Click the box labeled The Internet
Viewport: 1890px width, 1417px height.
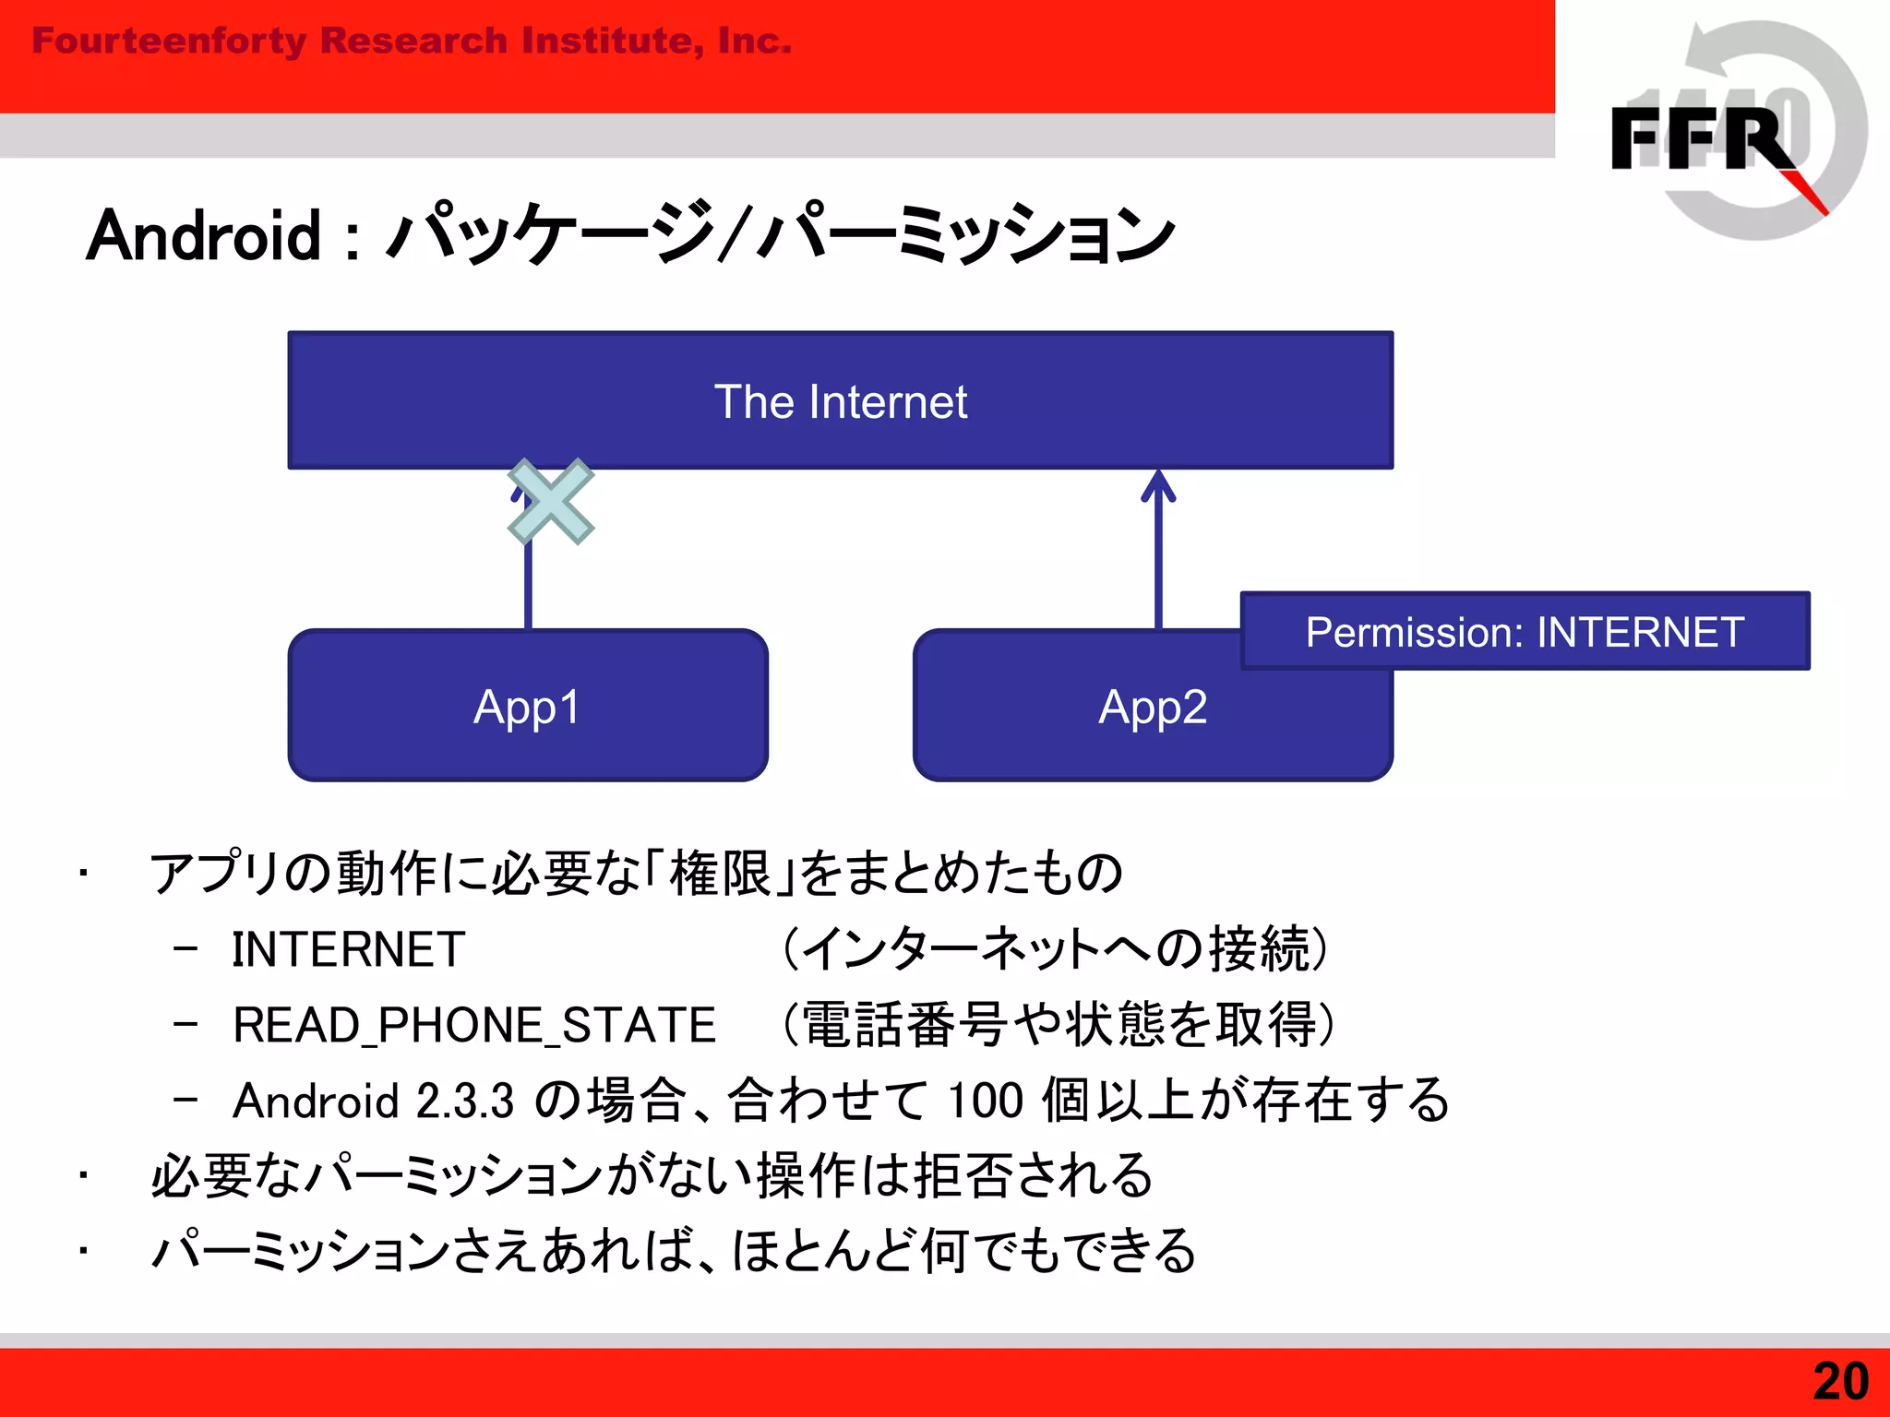(840, 400)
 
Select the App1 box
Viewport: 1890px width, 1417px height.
(527, 706)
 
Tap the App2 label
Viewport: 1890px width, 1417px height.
(1153, 708)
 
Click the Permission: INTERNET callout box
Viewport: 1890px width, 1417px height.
(1525, 632)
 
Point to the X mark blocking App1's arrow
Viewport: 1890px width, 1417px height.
(551, 502)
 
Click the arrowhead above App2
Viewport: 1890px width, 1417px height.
(1158, 486)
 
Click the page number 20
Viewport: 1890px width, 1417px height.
(1840, 1381)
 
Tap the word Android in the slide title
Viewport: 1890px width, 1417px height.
(204, 236)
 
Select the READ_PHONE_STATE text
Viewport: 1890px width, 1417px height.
(474, 1025)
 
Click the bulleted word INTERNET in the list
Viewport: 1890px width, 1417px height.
(348, 949)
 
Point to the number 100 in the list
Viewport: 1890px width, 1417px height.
(985, 1101)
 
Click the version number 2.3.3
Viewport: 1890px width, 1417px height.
(464, 1101)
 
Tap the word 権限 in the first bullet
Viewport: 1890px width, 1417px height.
(720, 873)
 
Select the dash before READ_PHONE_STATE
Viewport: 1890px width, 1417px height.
(185, 1024)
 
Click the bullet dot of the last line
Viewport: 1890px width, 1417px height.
(83, 1252)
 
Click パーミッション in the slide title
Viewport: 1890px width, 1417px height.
(964, 236)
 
